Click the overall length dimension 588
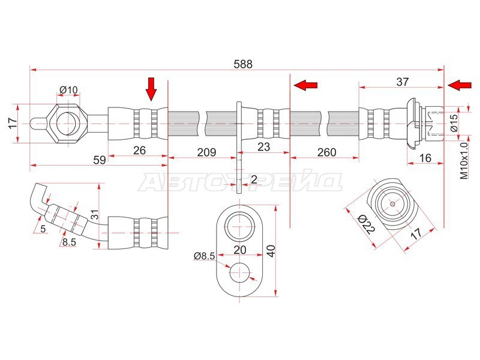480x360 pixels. coord(243,64)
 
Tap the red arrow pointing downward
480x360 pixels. coord(151,89)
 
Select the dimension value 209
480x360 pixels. coord(206,152)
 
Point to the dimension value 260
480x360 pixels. coord(326,152)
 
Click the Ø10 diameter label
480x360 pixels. coord(68,90)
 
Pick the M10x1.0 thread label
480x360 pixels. coord(464,161)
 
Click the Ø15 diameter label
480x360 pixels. coord(454,123)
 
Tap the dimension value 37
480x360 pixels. coord(402,82)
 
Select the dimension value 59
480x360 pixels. coord(99,160)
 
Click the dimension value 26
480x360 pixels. coord(139,151)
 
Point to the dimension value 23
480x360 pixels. coord(263,147)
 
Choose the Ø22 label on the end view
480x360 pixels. coord(366,224)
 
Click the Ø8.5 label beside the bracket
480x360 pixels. coord(205,256)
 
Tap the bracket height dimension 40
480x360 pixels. coord(271,251)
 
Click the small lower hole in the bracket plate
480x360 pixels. coord(241,273)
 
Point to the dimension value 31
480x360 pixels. coord(95,215)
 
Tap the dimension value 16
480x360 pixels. coord(425,158)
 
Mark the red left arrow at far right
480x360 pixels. coord(460,85)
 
